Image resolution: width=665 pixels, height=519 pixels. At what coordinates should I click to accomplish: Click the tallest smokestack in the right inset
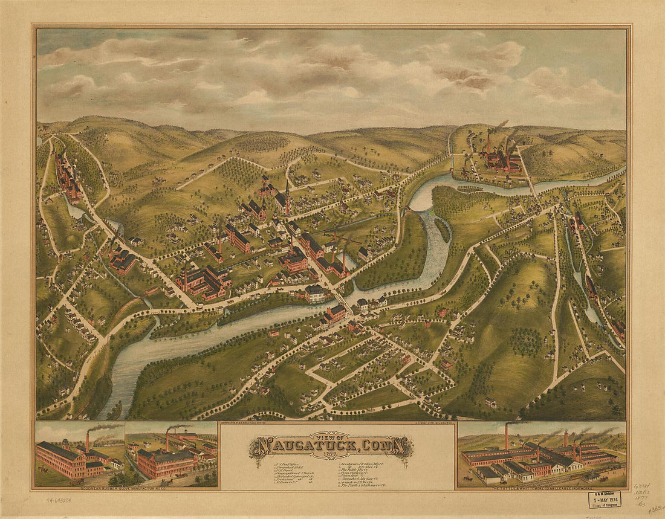[507, 436]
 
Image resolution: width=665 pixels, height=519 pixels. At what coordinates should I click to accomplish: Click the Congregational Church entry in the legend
[278, 475]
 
